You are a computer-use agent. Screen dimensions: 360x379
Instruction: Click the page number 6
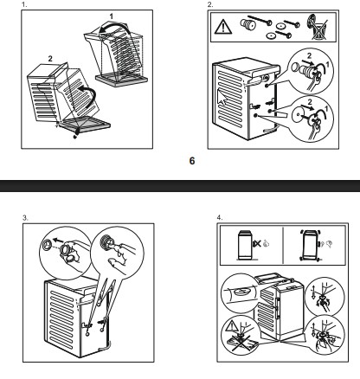(192, 161)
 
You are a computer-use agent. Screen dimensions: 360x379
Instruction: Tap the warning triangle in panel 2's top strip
(223, 27)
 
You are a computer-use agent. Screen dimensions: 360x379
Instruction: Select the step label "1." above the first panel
(24, 4)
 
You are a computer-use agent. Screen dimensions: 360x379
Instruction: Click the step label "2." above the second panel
(210, 4)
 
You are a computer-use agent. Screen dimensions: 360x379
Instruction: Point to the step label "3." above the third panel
(25, 217)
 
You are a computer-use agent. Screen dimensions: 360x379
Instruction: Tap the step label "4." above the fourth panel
(220, 217)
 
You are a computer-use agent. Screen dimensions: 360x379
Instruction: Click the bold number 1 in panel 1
(112, 16)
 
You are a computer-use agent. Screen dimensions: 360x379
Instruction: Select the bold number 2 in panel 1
(50, 59)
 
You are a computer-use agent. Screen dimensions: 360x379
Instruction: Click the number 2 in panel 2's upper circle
(309, 55)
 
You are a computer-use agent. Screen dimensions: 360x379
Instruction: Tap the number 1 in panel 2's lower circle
(326, 109)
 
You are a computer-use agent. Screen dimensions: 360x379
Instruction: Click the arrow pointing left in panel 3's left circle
(58, 241)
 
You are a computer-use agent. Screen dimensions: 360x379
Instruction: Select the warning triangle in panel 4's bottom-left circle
(231, 327)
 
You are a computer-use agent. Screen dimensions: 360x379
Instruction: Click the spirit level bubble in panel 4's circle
(241, 292)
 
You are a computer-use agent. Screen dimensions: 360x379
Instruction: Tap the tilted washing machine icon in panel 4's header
(310, 245)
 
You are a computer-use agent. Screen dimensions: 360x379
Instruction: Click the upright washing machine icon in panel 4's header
(245, 245)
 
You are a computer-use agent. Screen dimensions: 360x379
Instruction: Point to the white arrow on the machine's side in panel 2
(222, 96)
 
